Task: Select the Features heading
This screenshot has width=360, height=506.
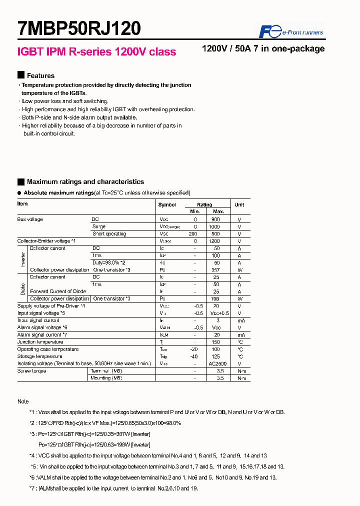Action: point(40,75)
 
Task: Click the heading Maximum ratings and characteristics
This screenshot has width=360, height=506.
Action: point(85,182)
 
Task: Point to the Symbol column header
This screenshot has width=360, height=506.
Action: point(167,205)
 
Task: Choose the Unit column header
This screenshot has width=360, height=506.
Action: point(239,205)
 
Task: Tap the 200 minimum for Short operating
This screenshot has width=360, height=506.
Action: point(193,234)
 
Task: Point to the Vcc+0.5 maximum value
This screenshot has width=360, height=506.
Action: point(218,313)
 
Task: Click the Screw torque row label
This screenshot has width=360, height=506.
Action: point(31,371)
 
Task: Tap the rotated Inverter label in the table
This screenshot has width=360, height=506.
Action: point(23,259)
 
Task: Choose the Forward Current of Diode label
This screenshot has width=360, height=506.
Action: point(58,291)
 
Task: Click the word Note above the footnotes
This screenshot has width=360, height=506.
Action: point(23,401)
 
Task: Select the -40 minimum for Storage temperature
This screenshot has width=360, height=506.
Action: point(194,356)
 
